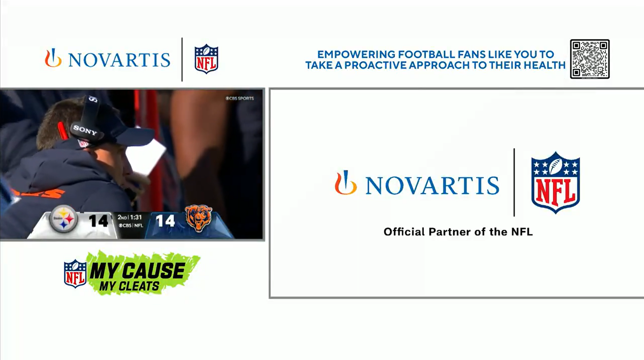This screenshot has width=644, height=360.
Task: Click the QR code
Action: [x=590, y=59]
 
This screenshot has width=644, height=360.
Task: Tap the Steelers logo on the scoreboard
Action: [x=63, y=219]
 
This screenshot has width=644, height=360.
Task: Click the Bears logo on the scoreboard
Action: [x=198, y=218]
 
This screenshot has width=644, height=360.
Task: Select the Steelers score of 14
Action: [x=98, y=221]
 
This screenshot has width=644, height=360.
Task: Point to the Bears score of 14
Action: [x=165, y=221]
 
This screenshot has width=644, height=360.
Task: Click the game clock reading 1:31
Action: [x=136, y=217]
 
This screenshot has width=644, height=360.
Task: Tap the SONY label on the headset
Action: [x=85, y=130]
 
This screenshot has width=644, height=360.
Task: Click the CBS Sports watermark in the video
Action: [x=240, y=98]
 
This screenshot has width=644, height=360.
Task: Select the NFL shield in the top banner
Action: [x=206, y=59]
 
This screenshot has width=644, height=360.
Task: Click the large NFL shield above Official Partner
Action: [x=555, y=183]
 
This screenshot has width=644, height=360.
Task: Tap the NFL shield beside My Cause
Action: [x=75, y=273]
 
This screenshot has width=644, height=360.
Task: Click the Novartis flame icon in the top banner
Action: [x=53, y=58]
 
